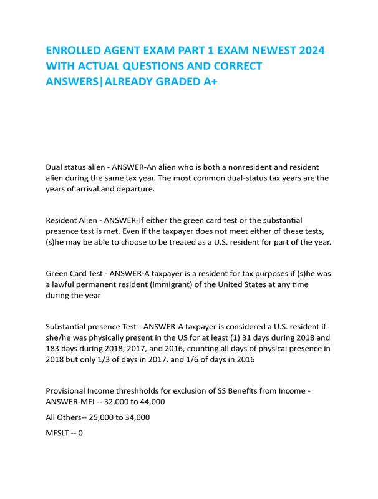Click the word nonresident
[230, 167]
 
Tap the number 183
[54, 349]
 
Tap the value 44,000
[150, 402]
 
